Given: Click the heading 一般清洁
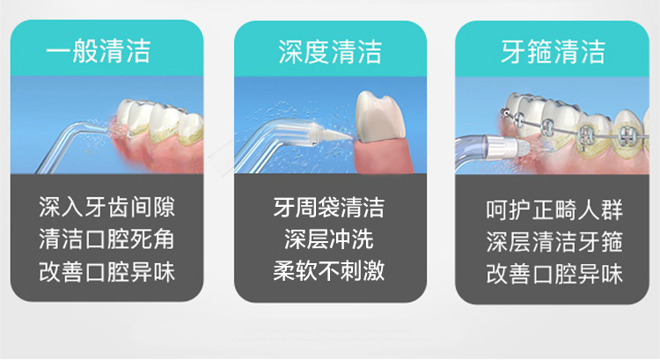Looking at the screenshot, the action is [x=99, y=51].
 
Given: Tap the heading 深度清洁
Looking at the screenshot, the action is [x=330, y=52].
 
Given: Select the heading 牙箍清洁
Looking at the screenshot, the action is [x=554, y=52].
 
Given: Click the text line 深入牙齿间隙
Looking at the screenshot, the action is [x=106, y=207].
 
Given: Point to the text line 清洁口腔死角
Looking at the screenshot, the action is [x=106, y=239].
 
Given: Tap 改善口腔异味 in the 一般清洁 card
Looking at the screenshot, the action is [x=106, y=272].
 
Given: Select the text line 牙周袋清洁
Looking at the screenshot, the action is [x=329, y=207].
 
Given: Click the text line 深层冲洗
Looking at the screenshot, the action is [x=329, y=239].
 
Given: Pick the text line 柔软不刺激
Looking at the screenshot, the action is [x=329, y=270].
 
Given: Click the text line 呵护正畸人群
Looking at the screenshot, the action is [x=554, y=209].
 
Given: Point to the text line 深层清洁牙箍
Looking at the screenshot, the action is [x=554, y=242].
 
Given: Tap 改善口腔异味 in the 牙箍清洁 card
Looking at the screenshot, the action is [x=554, y=274].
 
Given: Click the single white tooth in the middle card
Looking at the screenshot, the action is [x=378, y=118].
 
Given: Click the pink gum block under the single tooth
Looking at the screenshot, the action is [x=384, y=157].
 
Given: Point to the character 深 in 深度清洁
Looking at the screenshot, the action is [x=291, y=52].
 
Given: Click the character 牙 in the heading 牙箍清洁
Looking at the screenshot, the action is [x=514, y=52].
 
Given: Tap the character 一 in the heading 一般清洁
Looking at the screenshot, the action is [x=58, y=52].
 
